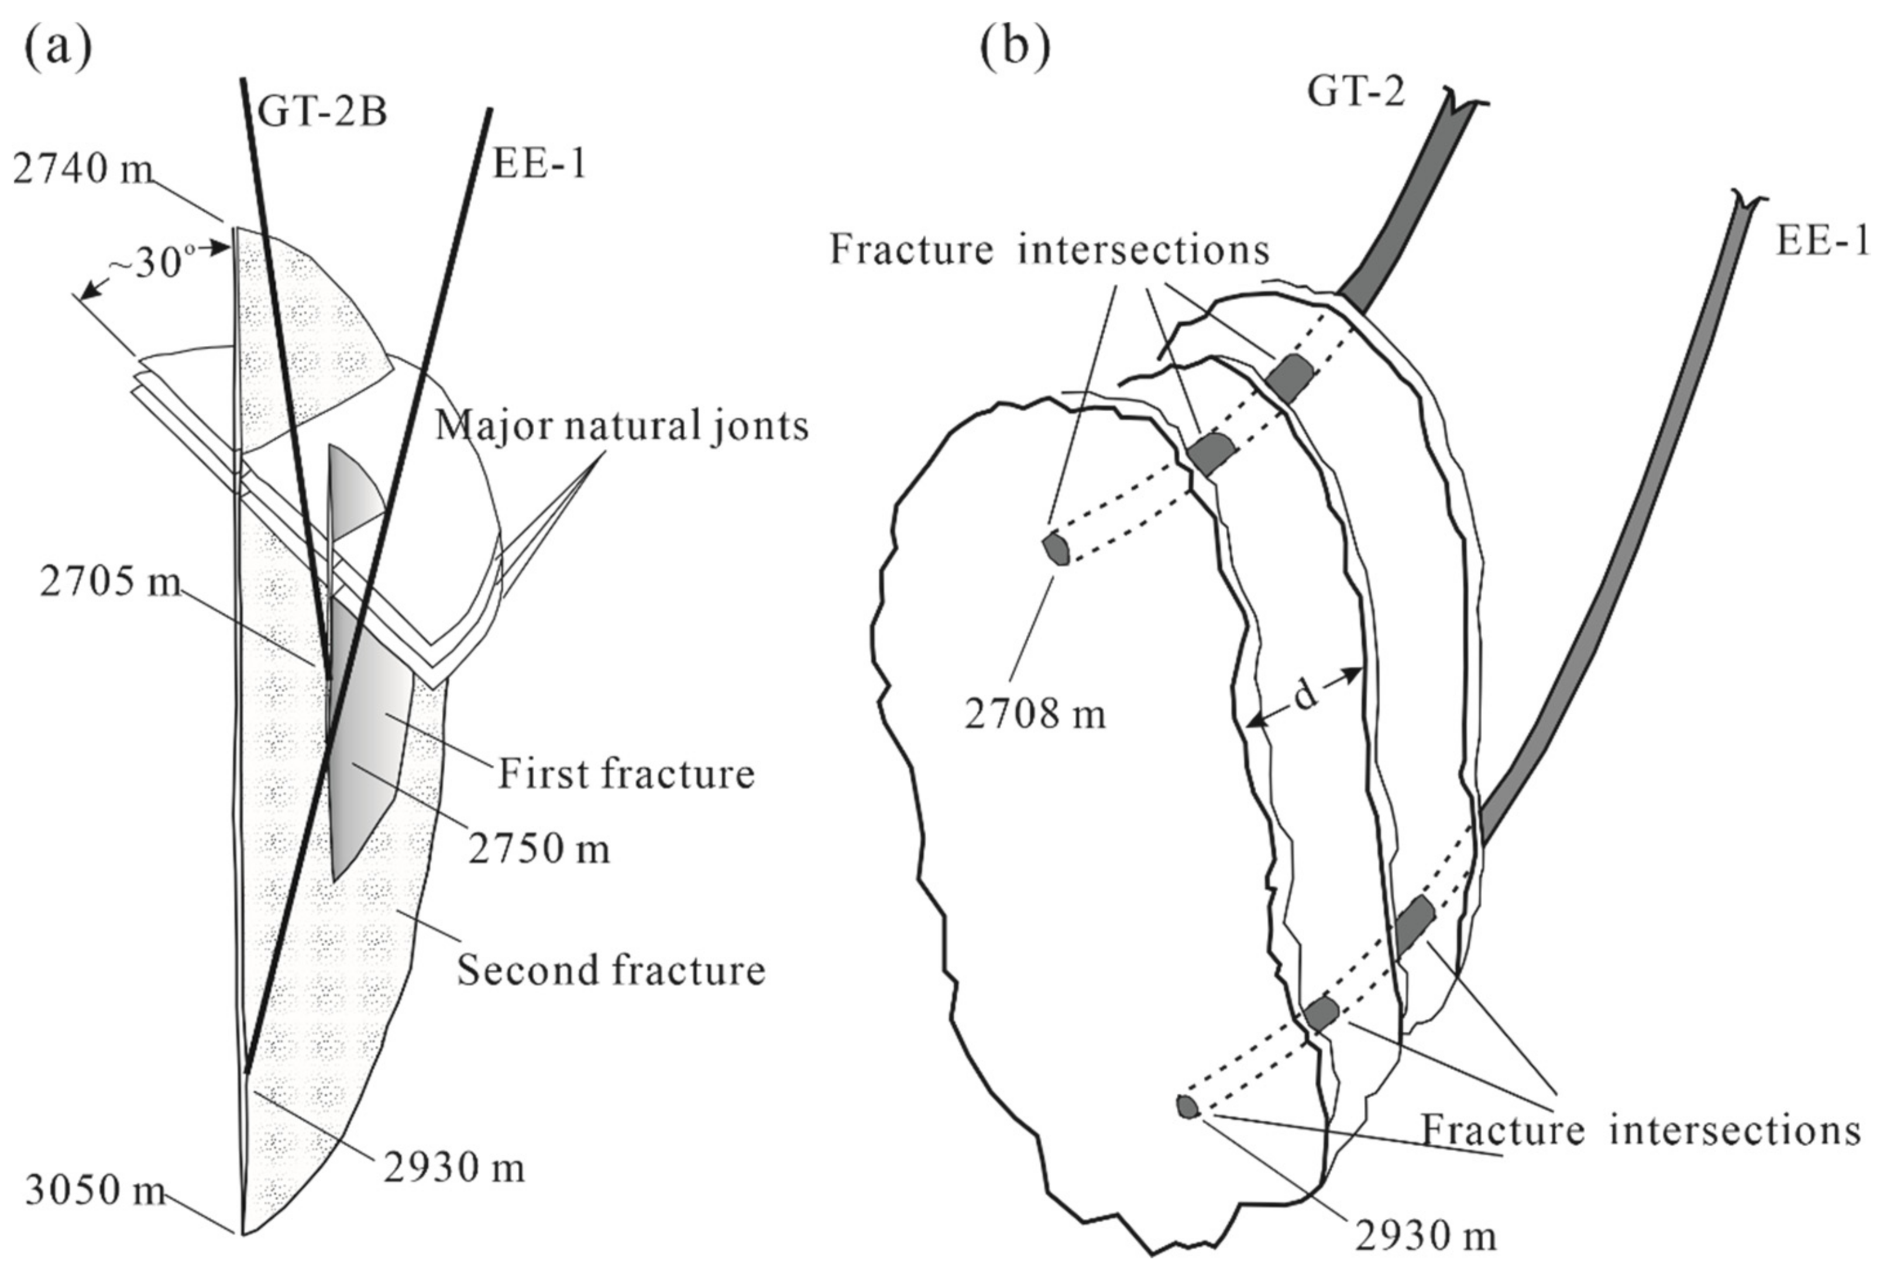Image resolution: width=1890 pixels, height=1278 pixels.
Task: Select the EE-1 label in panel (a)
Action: [x=539, y=164]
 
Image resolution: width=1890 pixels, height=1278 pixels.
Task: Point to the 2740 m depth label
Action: [x=83, y=170]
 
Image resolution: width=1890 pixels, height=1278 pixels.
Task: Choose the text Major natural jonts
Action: [x=622, y=426]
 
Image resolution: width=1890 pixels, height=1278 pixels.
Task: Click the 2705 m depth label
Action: [x=111, y=582]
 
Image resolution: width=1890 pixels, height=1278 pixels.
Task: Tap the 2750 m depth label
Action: [x=538, y=849]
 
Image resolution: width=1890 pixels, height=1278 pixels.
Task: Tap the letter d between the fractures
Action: [x=1304, y=696]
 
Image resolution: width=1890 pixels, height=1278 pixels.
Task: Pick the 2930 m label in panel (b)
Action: [x=1425, y=1237]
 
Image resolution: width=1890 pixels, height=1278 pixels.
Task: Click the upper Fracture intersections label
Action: [x=1049, y=250]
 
